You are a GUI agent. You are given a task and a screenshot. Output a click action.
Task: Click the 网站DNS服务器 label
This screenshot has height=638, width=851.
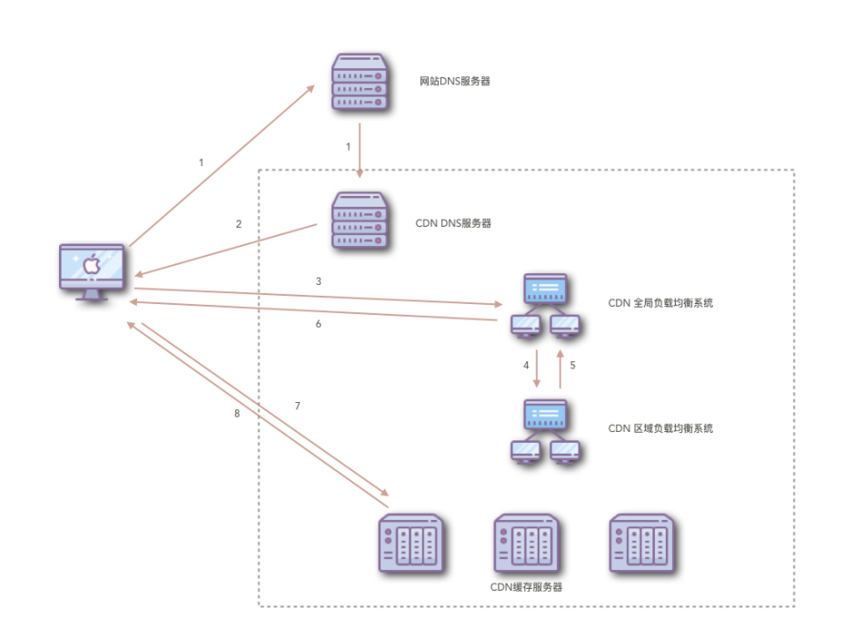click(454, 82)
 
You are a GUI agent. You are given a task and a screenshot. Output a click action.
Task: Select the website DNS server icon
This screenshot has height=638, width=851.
click(360, 83)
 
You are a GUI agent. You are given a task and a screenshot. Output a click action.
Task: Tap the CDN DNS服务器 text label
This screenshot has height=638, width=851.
click(453, 223)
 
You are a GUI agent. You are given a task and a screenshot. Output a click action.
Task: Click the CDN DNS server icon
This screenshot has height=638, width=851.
click(360, 221)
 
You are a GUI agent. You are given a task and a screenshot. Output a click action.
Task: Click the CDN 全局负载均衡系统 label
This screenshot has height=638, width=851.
click(660, 303)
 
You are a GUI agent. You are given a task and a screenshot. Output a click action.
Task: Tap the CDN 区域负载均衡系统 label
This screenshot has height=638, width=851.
click(660, 427)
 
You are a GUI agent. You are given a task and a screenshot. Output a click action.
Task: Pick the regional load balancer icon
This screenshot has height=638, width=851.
click(545, 432)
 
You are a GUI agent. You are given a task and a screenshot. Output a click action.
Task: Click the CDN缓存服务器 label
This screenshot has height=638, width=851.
click(526, 587)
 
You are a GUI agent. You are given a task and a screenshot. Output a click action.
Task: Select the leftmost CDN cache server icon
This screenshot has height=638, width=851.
click(411, 544)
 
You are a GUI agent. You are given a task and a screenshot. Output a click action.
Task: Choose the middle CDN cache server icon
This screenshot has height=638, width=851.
click(526, 544)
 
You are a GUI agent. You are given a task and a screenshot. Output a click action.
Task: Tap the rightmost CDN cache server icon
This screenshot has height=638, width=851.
click(641, 544)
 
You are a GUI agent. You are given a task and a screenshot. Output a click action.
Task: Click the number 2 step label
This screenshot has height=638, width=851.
click(239, 223)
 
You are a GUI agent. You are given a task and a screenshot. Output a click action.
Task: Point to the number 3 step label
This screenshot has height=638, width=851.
click(318, 281)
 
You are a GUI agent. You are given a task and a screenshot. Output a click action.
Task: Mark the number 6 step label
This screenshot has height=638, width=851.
click(318, 324)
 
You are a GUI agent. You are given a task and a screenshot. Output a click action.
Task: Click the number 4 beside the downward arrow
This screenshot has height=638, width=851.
click(526, 365)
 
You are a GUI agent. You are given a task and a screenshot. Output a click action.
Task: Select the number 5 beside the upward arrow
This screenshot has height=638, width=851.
click(572, 365)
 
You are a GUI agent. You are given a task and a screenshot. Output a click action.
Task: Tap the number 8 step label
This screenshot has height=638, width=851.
click(237, 414)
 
